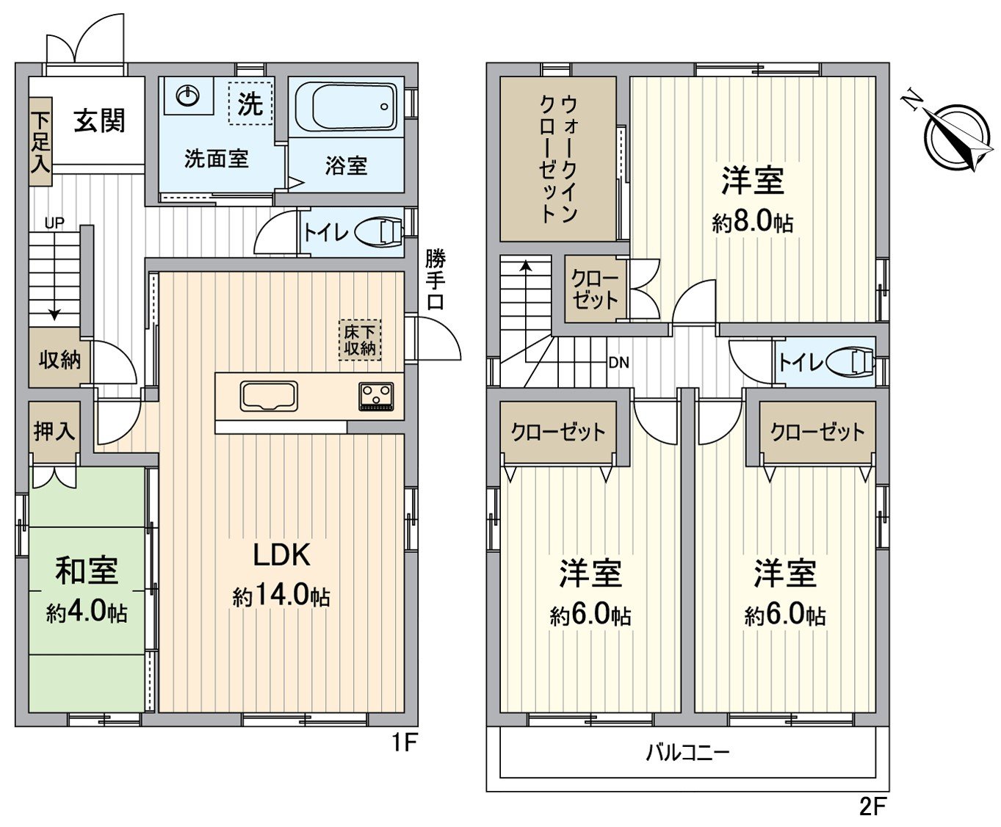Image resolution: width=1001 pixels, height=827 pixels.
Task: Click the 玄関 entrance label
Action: pyautogui.click(x=99, y=121)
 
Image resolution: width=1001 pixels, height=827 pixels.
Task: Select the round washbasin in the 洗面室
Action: pyautogui.click(x=189, y=95)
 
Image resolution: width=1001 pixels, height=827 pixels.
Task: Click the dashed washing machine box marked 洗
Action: pyautogui.click(x=250, y=104)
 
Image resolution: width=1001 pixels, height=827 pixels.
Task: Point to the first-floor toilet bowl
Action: pyautogui.click(x=378, y=233)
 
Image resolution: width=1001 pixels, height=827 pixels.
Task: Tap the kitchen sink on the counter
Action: pyautogui.click(x=269, y=397)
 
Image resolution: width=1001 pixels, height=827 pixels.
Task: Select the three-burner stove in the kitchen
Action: pyautogui.click(x=376, y=397)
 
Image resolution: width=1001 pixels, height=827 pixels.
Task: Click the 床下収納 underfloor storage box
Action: pyautogui.click(x=360, y=340)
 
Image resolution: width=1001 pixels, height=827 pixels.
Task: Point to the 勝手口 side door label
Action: pyautogui.click(x=436, y=279)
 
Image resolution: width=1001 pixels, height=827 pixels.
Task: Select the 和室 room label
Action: pyautogui.click(x=87, y=571)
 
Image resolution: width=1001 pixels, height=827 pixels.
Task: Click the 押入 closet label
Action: pyautogui.click(x=54, y=431)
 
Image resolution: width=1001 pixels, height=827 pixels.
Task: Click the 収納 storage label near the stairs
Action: pyautogui.click(x=59, y=360)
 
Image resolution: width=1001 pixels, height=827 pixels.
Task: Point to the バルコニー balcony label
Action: pyautogui.click(x=687, y=752)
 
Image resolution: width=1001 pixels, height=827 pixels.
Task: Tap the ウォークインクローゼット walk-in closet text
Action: pyautogui.click(x=558, y=158)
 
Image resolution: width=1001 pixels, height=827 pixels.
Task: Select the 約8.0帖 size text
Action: pyautogui.click(x=753, y=222)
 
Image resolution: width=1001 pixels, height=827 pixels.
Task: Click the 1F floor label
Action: pyautogui.click(x=403, y=743)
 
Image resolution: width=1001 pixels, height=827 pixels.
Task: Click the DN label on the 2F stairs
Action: pyautogui.click(x=618, y=362)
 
